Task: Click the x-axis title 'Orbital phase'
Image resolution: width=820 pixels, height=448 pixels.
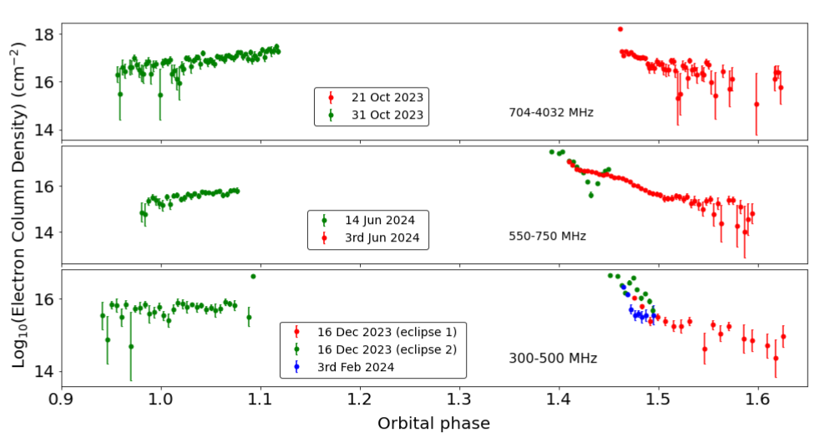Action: pyautogui.click(x=433, y=424)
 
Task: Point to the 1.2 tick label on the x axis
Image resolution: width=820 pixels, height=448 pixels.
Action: pyautogui.click(x=360, y=400)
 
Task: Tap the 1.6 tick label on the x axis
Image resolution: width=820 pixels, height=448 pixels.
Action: pyautogui.click(x=757, y=400)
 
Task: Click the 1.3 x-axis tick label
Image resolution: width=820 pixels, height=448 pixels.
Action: pyautogui.click(x=459, y=400)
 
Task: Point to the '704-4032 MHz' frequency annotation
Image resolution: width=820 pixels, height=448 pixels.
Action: pyautogui.click(x=550, y=112)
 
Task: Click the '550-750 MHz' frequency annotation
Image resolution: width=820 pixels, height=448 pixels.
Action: pyautogui.click(x=547, y=236)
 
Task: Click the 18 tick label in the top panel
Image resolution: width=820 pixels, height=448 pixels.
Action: pyautogui.click(x=45, y=34)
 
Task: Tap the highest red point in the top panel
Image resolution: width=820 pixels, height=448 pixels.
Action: pyautogui.click(x=620, y=29)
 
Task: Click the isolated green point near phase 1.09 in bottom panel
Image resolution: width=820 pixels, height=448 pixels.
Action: pyautogui.click(x=253, y=277)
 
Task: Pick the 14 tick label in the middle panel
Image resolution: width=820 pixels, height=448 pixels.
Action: pyautogui.click(x=45, y=232)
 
